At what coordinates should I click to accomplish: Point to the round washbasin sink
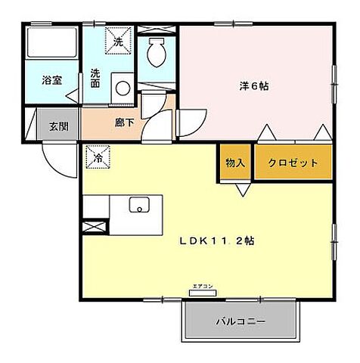pyautogui.click(x=122, y=86)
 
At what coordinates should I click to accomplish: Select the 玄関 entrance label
pyautogui.click(x=58, y=126)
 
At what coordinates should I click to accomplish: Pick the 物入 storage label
pyautogui.click(x=234, y=162)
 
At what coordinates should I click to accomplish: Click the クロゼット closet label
pyautogui.click(x=292, y=162)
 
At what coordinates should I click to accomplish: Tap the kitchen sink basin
pyautogui.click(x=138, y=205)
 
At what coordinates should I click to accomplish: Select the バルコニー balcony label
pyautogui.click(x=241, y=321)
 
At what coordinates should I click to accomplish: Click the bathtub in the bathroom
pyautogui.click(x=50, y=45)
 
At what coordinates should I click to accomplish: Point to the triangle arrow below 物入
pyautogui.click(x=241, y=189)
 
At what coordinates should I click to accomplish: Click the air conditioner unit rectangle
pyautogui.click(x=202, y=293)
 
